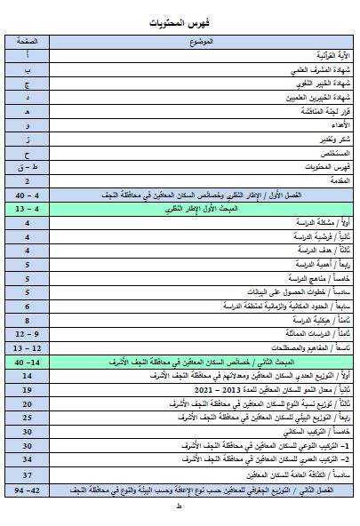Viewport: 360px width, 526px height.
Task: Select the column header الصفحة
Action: coord(28,42)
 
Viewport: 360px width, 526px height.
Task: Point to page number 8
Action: coord(28,319)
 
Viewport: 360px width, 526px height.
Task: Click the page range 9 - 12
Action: coord(28,333)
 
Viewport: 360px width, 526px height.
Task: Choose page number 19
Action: coord(28,389)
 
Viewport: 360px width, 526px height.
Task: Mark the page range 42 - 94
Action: coord(28,488)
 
